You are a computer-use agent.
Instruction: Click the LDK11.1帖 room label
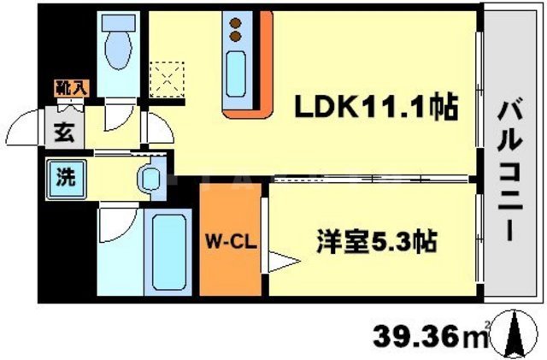(x=374, y=108)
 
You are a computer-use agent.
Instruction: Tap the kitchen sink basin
(x=236, y=72)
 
